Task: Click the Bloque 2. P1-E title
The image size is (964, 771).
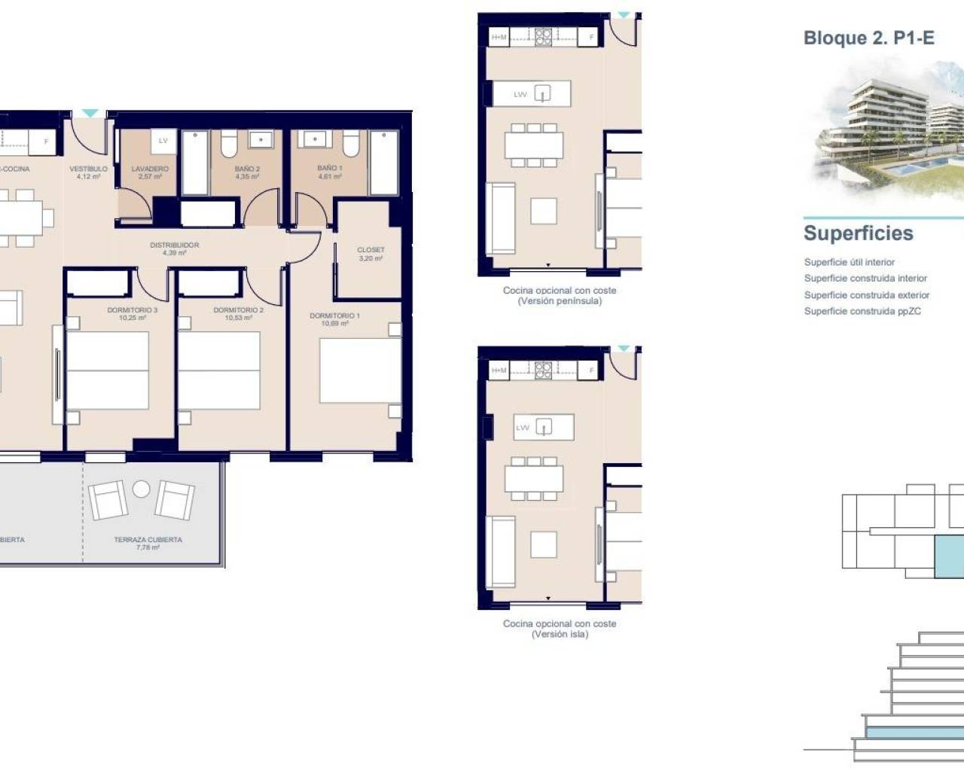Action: pos(868,38)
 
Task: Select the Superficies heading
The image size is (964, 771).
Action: pos(858,233)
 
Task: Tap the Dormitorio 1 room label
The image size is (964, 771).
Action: pos(334,319)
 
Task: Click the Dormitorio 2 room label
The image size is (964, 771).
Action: pos(238,313)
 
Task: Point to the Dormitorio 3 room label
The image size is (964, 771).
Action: pos(133,313)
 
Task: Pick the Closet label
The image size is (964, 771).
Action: pos(371,254)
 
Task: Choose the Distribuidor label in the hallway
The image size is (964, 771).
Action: pos(174,248)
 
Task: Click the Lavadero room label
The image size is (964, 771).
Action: pos(150,172)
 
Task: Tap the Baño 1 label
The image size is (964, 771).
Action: pos(329,172)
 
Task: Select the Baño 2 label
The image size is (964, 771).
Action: pos(247,172)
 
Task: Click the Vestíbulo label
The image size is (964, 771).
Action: pos(88,172)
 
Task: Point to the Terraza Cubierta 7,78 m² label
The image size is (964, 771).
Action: pos(148,543)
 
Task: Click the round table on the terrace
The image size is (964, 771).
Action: pos(142,489)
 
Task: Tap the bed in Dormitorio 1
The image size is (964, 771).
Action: pos(359,370)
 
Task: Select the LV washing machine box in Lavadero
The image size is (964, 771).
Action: pos(163,141)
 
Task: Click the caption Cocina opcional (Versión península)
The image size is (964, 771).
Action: pos(560,295)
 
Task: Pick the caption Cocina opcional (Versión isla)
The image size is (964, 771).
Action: pos(560,629)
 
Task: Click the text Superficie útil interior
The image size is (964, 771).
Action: pos(849,262)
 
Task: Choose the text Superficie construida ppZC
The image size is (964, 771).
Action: pos(862,311)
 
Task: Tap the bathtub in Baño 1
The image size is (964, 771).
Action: pos(383,163)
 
